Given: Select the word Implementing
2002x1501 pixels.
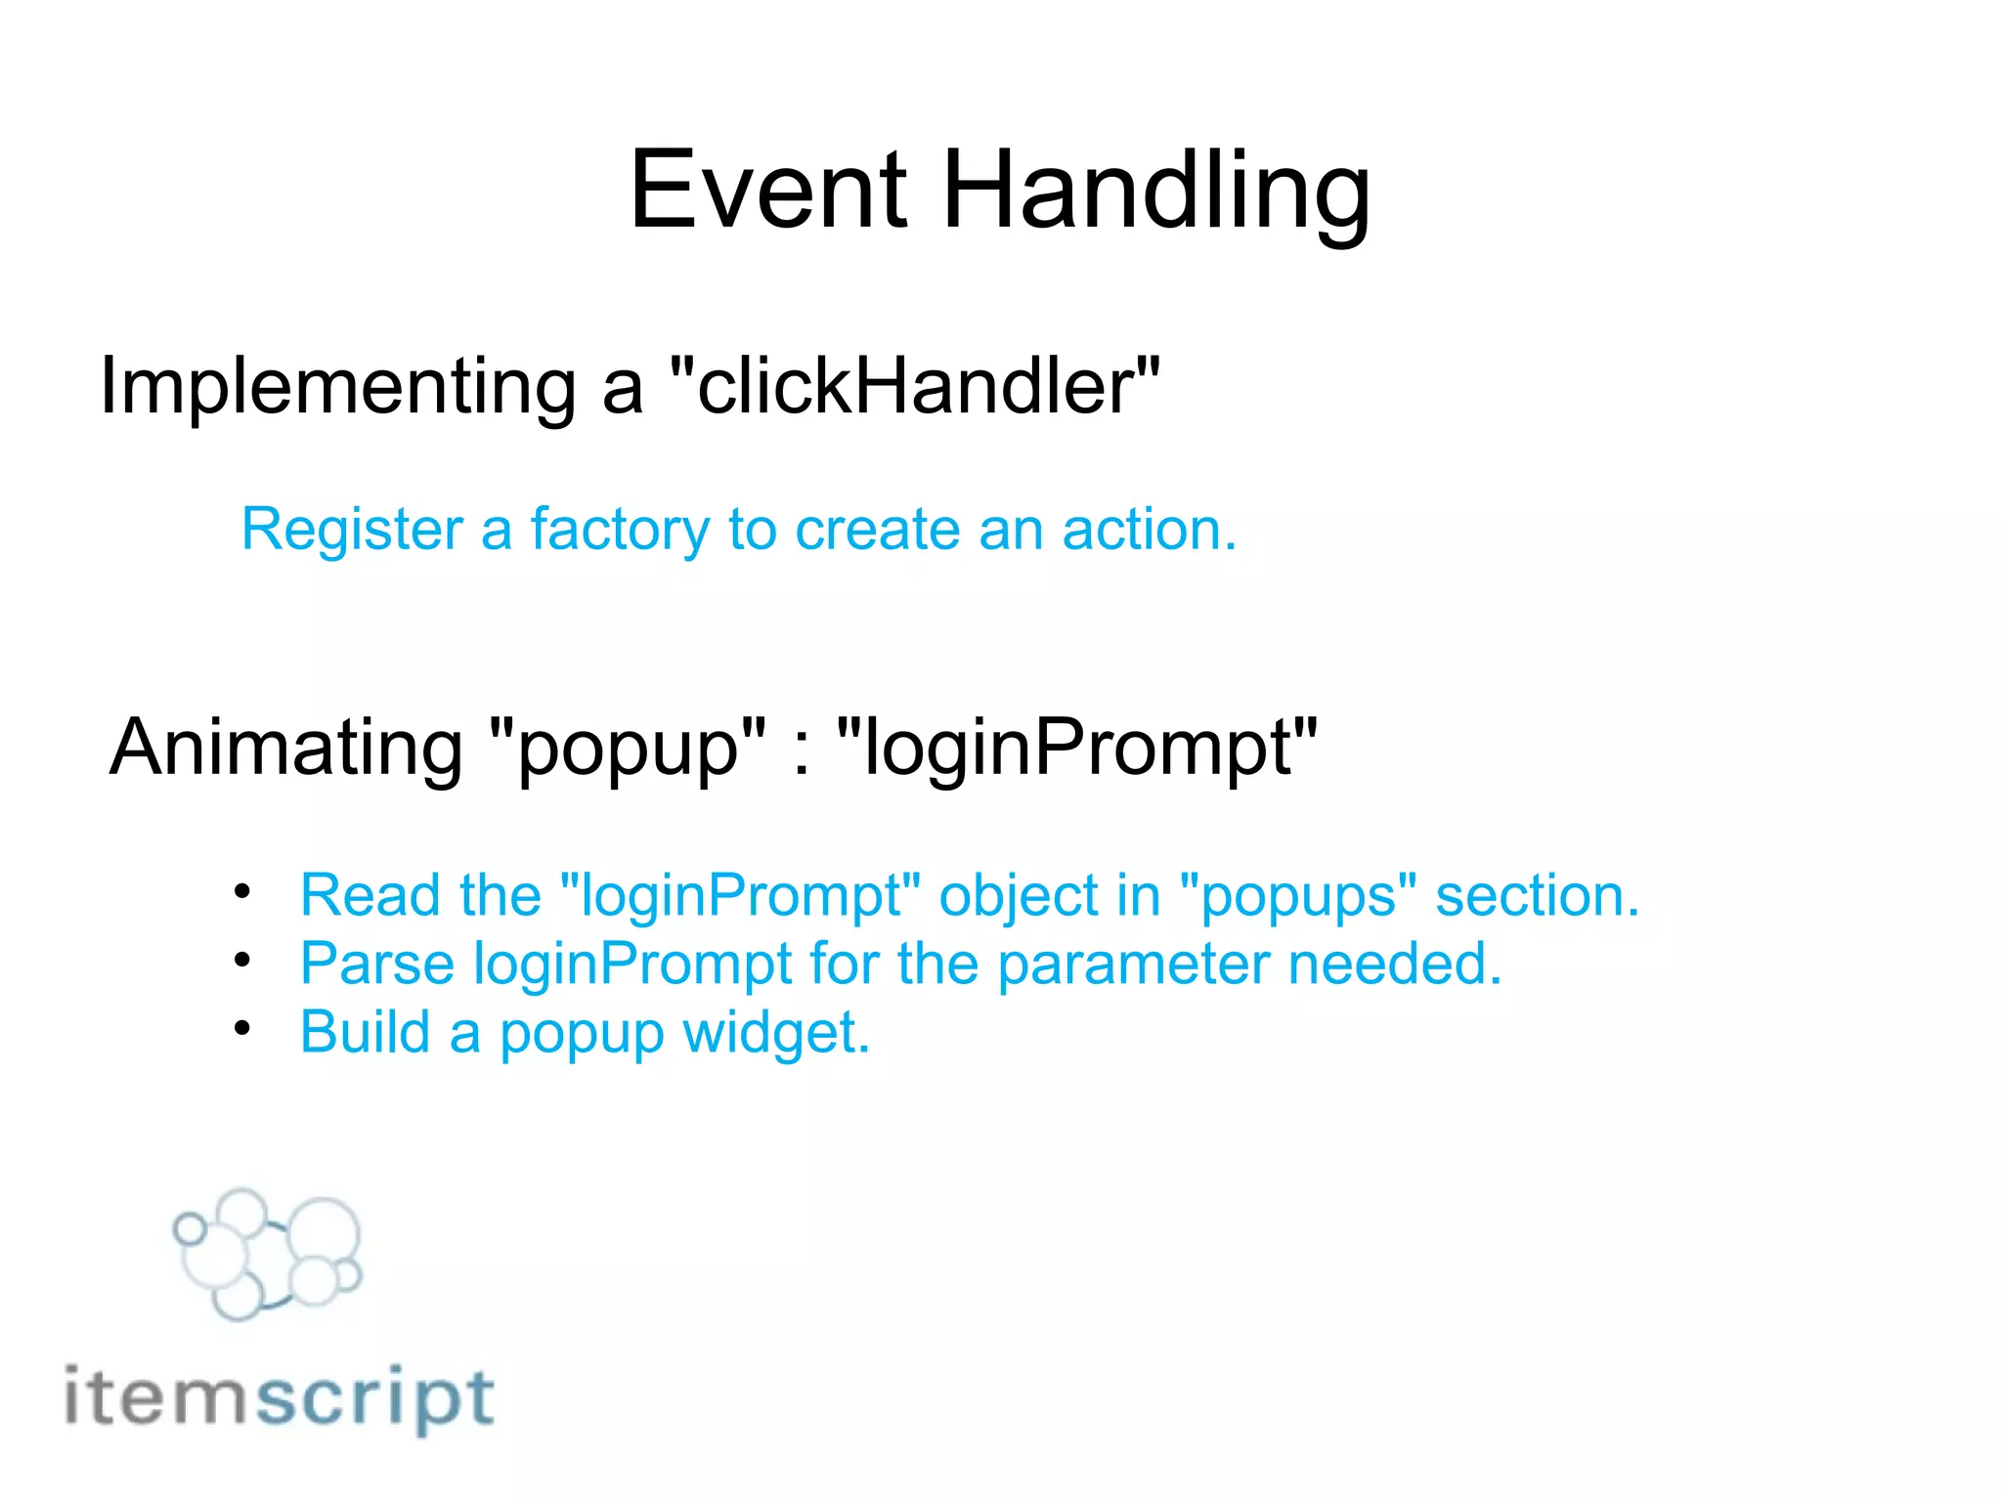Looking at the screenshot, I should [x=338, y=387].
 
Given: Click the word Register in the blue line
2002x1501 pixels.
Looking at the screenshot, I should [x=352, y=531].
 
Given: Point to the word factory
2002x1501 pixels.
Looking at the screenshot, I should [x=620, y=531].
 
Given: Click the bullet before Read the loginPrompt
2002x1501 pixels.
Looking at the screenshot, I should [x=242, y=891].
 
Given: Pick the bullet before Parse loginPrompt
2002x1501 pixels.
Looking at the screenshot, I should [x=242, y=961].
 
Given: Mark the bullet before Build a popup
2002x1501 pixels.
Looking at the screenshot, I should [x=242, y=1028].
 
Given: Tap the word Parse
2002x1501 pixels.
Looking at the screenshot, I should [x=377, y=964].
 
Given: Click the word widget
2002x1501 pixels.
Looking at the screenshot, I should [x=776, y=1032].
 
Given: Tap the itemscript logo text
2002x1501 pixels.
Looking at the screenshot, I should [x=280, y=1397].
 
